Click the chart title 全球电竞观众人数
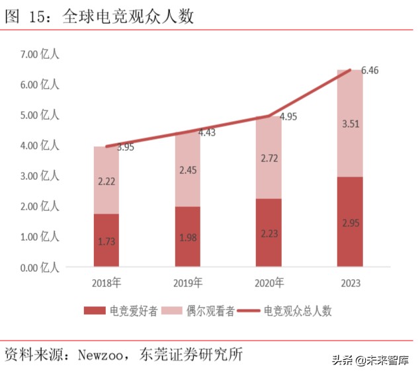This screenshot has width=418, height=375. [128, 17]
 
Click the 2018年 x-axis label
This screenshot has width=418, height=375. [106, 284]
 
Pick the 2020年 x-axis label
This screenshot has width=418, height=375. [269, 284]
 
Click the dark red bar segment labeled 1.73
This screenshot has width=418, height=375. [106, 241]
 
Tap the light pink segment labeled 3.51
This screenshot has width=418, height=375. [350, 123]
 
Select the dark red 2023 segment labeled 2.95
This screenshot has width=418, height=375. [350, 222]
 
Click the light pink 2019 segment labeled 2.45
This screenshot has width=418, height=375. [188, 169]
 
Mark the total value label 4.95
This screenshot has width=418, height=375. [288, 116]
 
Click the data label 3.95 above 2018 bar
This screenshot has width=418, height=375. [126, 147]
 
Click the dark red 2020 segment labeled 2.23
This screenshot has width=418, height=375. [269, 233]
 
